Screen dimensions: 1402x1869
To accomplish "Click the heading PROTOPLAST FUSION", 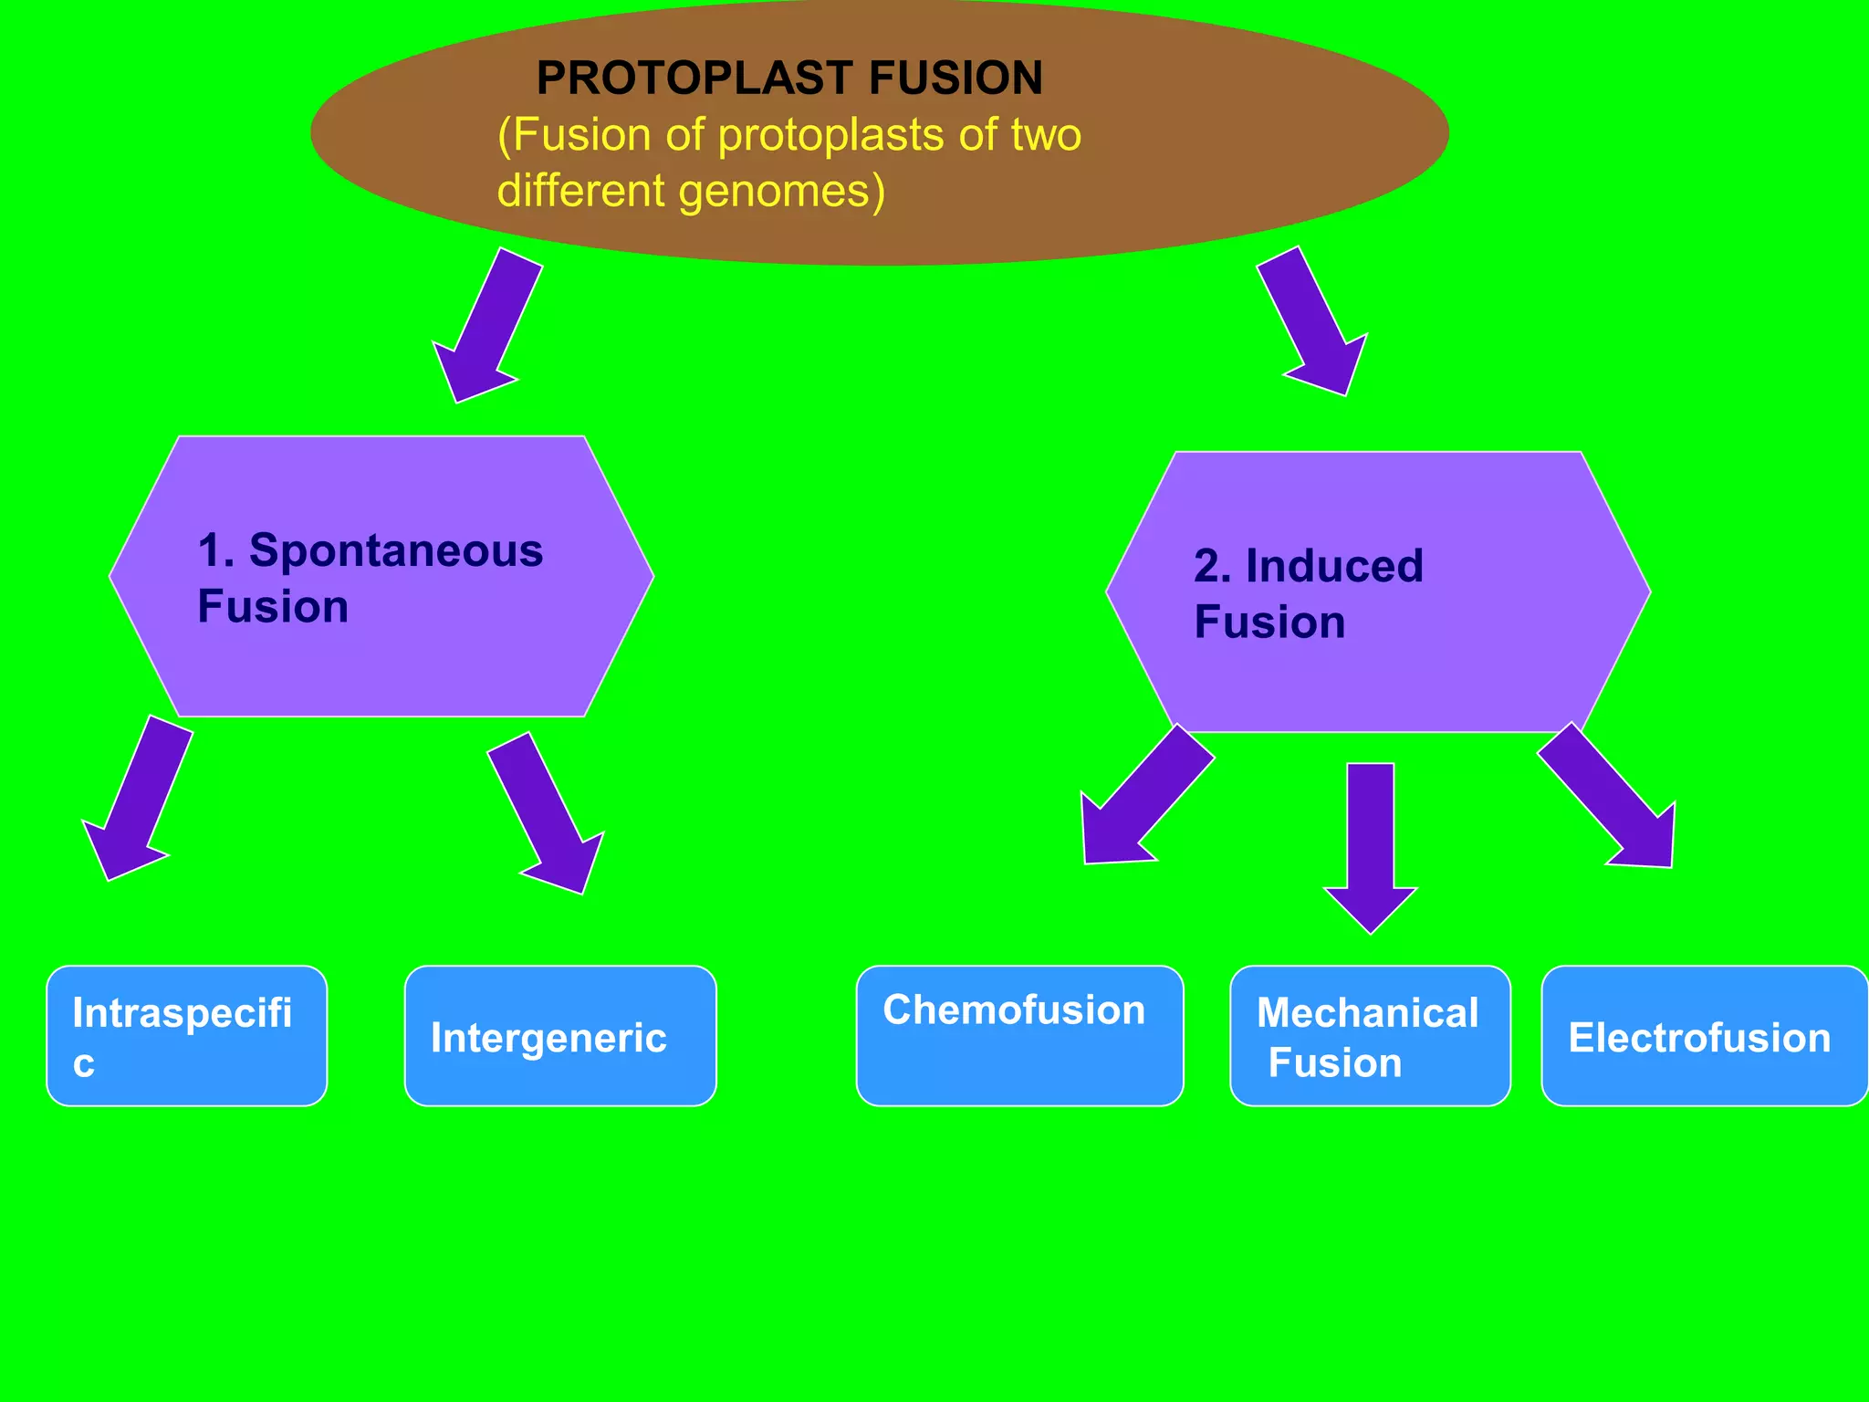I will (788, 78).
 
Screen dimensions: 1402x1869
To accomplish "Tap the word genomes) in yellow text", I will (781, 192).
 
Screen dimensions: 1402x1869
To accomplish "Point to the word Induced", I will (1334, 566).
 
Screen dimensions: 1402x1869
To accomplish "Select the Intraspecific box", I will (186, 1036).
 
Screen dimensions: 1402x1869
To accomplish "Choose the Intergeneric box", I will (560, 1036).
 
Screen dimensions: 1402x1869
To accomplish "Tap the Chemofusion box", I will (1019, 1036).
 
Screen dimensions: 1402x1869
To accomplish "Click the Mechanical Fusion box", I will (1369, 1036).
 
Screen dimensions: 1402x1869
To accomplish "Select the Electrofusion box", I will (1703, 1036).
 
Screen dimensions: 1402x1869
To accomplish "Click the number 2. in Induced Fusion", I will (1212, 566).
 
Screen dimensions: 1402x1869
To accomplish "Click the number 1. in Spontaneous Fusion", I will (215, 551).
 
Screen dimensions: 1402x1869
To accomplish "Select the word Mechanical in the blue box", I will (1367, 1013).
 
